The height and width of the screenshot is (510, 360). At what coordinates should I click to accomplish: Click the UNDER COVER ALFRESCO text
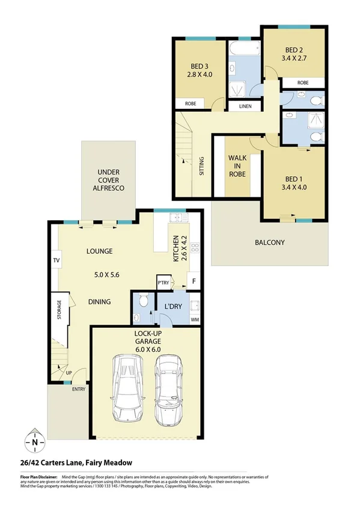coord(109,179)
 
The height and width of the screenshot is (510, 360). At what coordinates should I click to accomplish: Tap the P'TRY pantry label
coord(162,283)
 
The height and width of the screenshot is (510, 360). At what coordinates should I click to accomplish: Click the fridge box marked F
coord(194,281)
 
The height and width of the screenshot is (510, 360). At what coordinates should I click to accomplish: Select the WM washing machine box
coord(194,319)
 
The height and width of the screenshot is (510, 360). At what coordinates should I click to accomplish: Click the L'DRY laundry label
coord(173,307)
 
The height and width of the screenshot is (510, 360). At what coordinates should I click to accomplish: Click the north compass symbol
coord(34,442)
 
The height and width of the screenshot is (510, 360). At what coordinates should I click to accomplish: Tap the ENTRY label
coord(79,389)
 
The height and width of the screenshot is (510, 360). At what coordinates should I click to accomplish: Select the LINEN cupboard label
coord(246,106)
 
